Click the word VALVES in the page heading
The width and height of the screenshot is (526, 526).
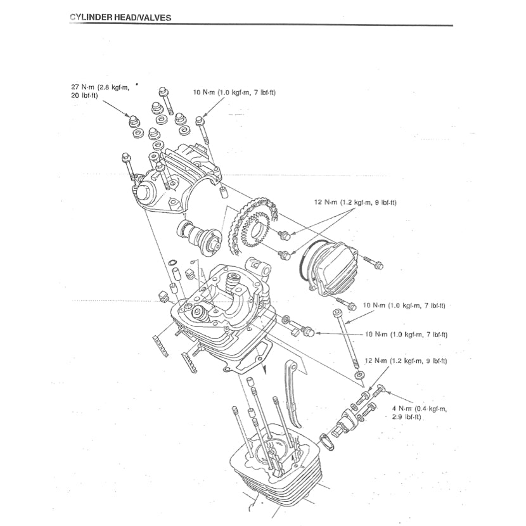tap(151, 18)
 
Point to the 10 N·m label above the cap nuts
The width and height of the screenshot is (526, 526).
tap(234, 93)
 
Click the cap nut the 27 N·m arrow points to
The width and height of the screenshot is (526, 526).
tap(133, 120)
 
